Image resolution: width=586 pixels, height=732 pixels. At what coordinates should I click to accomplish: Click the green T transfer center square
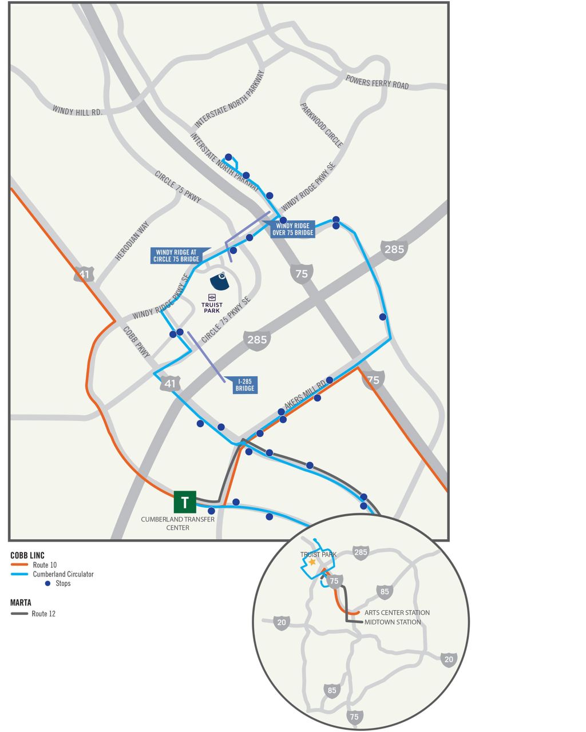pyautogui.click(x=185, y=502)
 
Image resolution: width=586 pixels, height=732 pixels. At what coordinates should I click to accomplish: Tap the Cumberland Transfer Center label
pyautogui.click(x=178, y=523)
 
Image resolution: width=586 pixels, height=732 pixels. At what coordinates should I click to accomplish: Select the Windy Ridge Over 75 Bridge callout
pyautogui.click(x=292, y=229)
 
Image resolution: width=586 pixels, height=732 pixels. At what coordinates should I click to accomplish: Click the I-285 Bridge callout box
pyautogui.click(x=244, y=385)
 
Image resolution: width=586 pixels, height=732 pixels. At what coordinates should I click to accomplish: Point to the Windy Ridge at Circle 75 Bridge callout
pyautogui.click(x=176, y=256)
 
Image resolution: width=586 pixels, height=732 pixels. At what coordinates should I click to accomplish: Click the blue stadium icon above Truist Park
pyautogui.click(x=220, y=281)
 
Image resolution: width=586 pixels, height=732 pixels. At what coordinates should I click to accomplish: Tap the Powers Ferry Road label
pyautogui.click(x=377, y=82)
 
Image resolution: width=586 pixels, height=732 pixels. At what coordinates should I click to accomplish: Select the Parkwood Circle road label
pyautogui.click(x=321, y=125)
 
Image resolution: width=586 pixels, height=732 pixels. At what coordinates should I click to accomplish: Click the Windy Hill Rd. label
pyautogui.click(x=77, y=111)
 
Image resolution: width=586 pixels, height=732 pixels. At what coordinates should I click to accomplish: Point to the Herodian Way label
pyautogui.click(x=132, y=241)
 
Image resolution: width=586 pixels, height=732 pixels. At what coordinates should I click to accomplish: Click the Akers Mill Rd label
pyautogui.click(x=304, y=395)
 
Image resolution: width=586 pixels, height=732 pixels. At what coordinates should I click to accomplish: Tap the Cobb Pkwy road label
pyautogui.click(x=136, y=343)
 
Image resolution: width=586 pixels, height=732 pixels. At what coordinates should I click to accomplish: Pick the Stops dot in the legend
pyautogui.click(x=47, y=583)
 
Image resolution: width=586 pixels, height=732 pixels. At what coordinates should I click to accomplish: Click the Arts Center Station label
pyautogui.click(x=397, y=612)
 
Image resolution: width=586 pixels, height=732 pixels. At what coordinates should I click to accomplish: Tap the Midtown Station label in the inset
pyautogui.click(x=393, y=622)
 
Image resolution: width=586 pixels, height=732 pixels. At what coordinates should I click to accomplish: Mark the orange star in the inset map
pyautogui.click(x=312, y=562)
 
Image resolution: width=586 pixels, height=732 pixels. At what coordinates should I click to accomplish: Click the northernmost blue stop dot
pyautogui.click(x=228, y=157)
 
